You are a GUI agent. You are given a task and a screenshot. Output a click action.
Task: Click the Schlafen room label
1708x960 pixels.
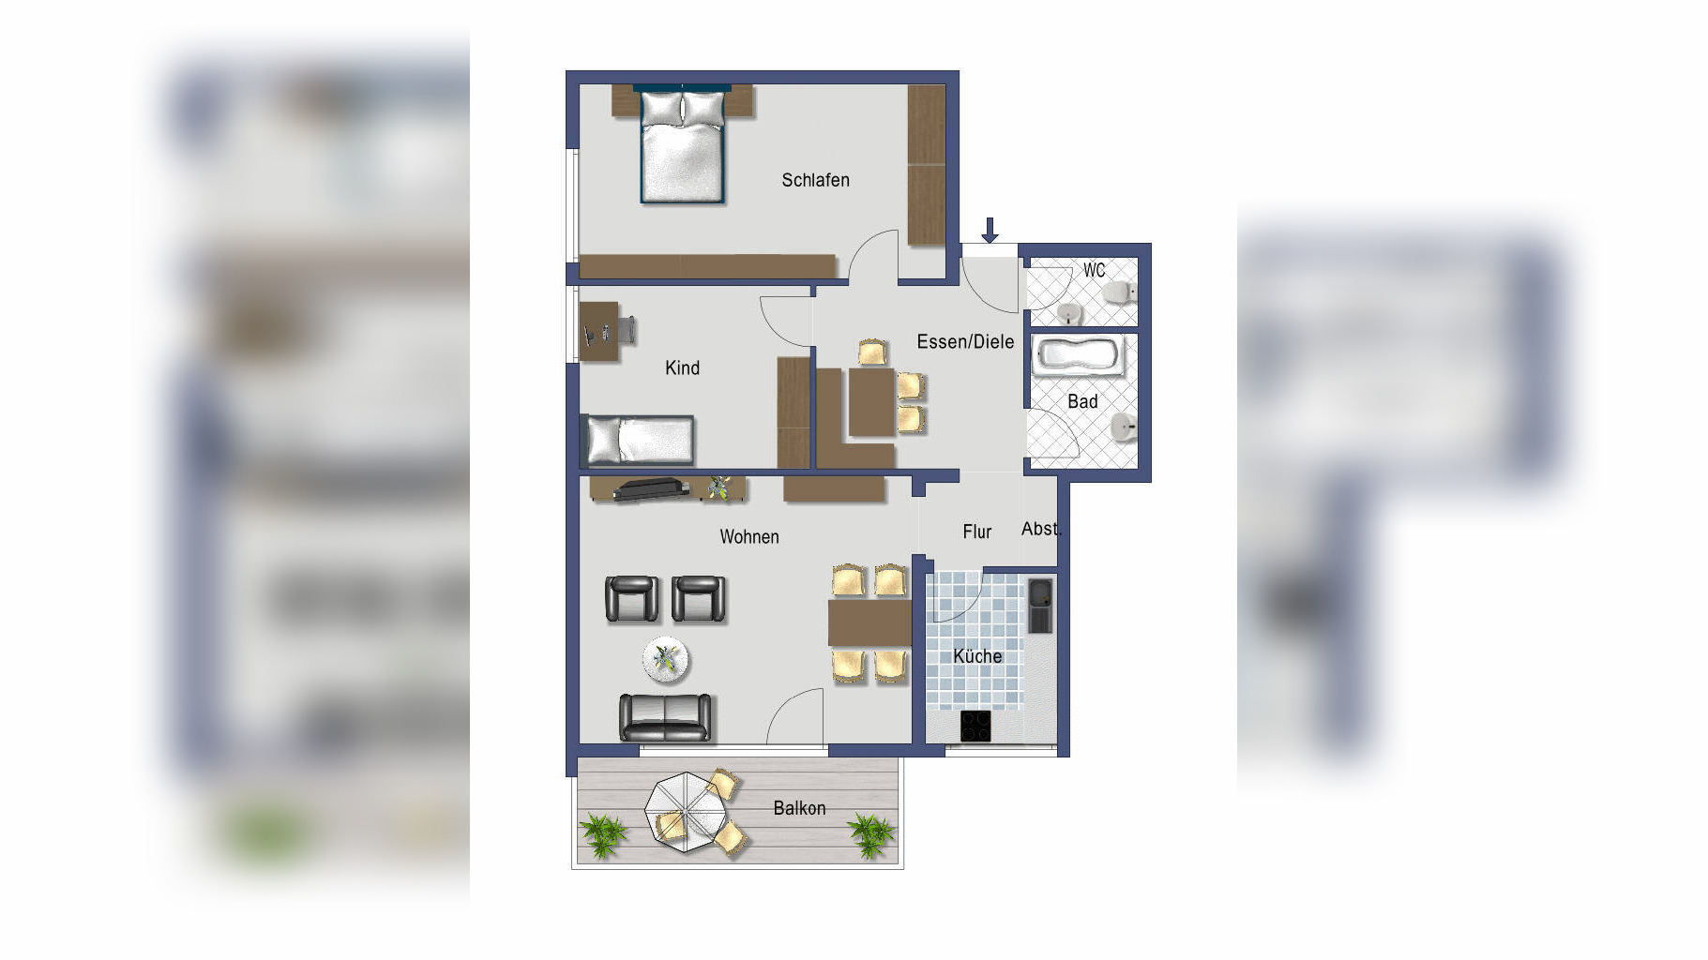pyautogui.click(x=815, y=180)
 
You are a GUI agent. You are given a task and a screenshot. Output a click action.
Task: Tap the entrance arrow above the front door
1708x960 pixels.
pyautogui.click(x=990, y=230)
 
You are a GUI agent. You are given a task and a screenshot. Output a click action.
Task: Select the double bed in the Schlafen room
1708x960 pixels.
pyautogui.click(x=683, y=144)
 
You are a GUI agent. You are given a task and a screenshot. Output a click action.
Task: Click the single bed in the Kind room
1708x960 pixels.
pyautogui.click(x=640, y=440)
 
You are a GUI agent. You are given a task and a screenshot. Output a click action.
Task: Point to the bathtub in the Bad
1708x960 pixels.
pyautogui.click(x=1079, y=356)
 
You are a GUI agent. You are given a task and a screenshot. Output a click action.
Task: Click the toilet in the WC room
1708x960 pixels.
pyautogui.click(x=1120, y=293)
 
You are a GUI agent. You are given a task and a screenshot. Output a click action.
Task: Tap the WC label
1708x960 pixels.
pyautogui.click(x=1094, y=270)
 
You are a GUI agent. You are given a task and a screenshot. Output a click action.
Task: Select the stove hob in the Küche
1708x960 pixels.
pyautogui.click(x=975, y=727)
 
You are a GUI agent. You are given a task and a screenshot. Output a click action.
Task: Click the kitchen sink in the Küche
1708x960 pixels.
pyautogui.click(x=1040, y=606)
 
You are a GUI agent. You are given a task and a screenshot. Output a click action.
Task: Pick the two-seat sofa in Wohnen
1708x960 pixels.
pyautogui.click(x=665, y=717)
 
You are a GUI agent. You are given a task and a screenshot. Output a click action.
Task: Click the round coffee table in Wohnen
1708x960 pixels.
pyautogui.click(x=666, y=660)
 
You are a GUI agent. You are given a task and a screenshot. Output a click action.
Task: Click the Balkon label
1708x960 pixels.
pyautogui.click(x=799, y=808)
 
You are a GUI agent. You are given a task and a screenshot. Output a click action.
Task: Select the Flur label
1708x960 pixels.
pyautogui.click(x=976, y=532)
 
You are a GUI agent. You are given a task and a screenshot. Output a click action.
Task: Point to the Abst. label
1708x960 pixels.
pyautogui.click(x=1039, y=529)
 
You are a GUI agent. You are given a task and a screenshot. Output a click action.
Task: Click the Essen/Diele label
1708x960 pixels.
pyautogui.click(x=965, y=342)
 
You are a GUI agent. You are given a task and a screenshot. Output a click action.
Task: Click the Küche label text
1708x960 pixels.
pyautogui.click(x=977, y=656)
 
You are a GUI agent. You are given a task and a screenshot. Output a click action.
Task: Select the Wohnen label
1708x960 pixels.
pyautogui.click(x=749, y=537)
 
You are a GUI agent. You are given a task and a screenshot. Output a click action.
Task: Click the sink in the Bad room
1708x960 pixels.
pyautogui.click(x=1124, y=428)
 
